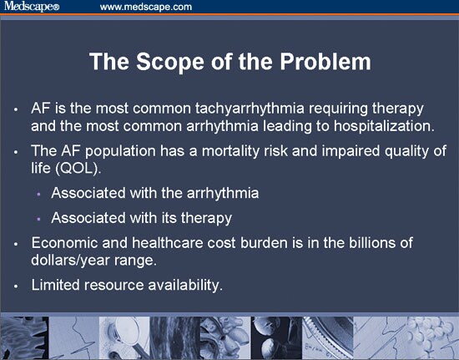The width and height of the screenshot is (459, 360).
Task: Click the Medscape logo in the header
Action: (32, 6)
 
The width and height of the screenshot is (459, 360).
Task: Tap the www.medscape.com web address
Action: (146, 7)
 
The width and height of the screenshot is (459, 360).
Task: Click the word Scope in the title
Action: (170, 61)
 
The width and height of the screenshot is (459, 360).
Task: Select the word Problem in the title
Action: (325, 61)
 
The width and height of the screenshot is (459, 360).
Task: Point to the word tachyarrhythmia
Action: (250, 109)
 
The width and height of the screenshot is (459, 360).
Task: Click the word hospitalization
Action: (384, 126)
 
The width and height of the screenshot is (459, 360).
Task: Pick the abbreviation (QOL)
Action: (78, 169)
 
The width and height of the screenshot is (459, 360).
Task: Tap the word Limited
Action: (55, 285)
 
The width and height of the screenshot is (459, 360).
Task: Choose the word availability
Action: (185, 286)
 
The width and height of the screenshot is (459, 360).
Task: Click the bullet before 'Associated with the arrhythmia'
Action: (38, 194)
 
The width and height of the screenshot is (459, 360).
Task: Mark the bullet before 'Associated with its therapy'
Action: (38, 219)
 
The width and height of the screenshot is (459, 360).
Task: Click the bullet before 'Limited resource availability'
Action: (16, 286)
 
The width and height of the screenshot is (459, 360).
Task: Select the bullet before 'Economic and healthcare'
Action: (16, 244)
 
